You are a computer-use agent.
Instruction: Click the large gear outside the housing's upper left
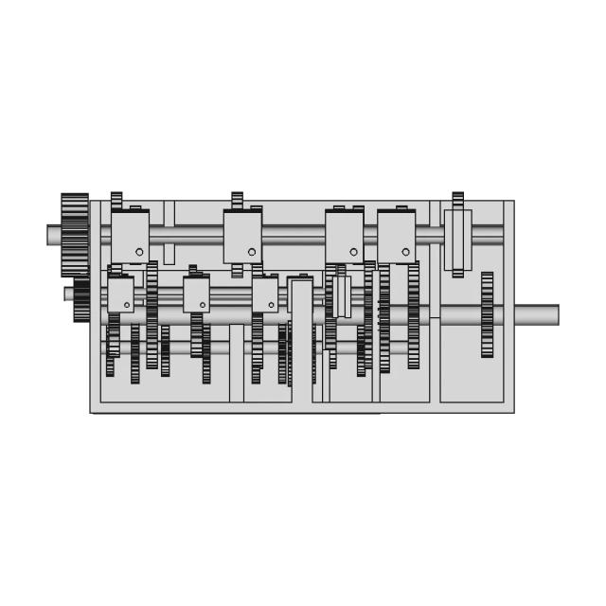(74, 234)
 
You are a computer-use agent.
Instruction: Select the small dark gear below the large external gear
(81, 299)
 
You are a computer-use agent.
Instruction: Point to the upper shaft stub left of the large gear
(53, 234)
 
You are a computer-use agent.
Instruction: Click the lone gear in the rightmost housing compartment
(487, 314)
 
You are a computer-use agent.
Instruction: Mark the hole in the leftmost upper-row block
(139, 252)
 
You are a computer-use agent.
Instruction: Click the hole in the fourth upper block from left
(405, 252)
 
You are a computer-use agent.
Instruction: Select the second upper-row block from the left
(242, 236)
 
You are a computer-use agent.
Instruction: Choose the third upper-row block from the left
(344, 236)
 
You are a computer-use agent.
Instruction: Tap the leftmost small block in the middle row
(120, 294)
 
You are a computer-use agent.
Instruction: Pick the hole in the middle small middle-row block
(202, 305)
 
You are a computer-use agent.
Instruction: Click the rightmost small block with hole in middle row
(265, 294)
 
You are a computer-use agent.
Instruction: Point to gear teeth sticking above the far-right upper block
(457, 200)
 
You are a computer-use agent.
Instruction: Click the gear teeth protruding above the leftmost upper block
(116, 200)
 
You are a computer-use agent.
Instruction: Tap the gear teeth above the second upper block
(237, 200)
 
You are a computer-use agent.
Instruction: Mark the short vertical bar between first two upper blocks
(169, 232)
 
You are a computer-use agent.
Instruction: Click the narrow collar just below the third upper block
(342, 295)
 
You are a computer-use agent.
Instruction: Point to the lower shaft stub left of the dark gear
(69, 294)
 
